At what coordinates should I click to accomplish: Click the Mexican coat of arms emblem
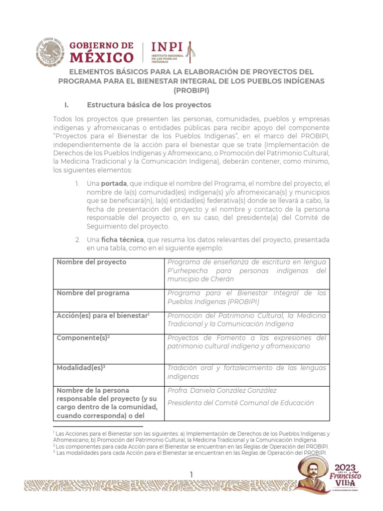[50, 52]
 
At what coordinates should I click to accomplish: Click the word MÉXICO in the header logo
[102, 57]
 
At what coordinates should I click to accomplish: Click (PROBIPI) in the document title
[191, 90]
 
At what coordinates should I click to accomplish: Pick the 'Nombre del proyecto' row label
[91, 262]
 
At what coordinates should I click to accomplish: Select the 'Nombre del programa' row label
[93, 293]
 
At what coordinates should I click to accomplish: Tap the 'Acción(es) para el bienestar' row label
[103, 316]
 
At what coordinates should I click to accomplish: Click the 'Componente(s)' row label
[83, 338]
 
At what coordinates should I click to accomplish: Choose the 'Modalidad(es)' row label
[81, 368]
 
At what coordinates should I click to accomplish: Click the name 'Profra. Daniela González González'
[222, 390]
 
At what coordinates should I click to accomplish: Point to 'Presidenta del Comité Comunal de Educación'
[240, 403]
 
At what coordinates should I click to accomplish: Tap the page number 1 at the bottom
[191, 474]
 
